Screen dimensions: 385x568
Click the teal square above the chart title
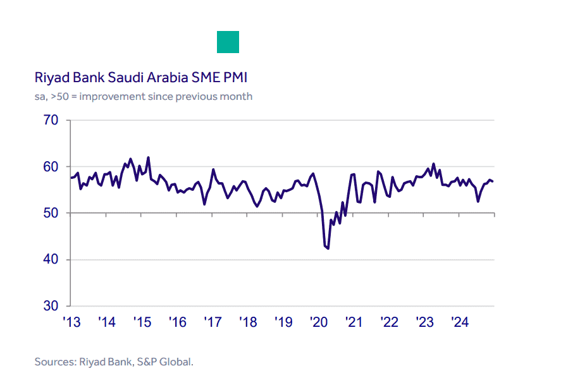tap(228, 42)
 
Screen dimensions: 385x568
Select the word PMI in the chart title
tap(234, 78)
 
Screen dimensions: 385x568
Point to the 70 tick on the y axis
tap(51, 120)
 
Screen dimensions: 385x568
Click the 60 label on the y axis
tap(51, 167)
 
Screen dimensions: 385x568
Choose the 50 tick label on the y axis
tap(51, 214)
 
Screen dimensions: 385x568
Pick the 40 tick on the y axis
tap(51, 260)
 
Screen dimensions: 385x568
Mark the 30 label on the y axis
tap(51, 307)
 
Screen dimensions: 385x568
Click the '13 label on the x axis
tap(71, 322)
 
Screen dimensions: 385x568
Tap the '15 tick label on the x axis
tap(142, 322)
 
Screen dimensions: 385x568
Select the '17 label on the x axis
tap(213, 322)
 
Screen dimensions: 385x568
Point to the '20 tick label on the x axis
tap(318, 322)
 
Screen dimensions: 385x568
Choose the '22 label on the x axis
tap(389, 322)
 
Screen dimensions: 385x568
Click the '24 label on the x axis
tap(459, 322)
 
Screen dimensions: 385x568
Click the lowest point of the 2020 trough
tap(328, 248)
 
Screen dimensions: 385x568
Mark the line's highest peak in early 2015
tap(148, 157)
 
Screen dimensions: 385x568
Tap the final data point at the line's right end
tap(493, 181)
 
